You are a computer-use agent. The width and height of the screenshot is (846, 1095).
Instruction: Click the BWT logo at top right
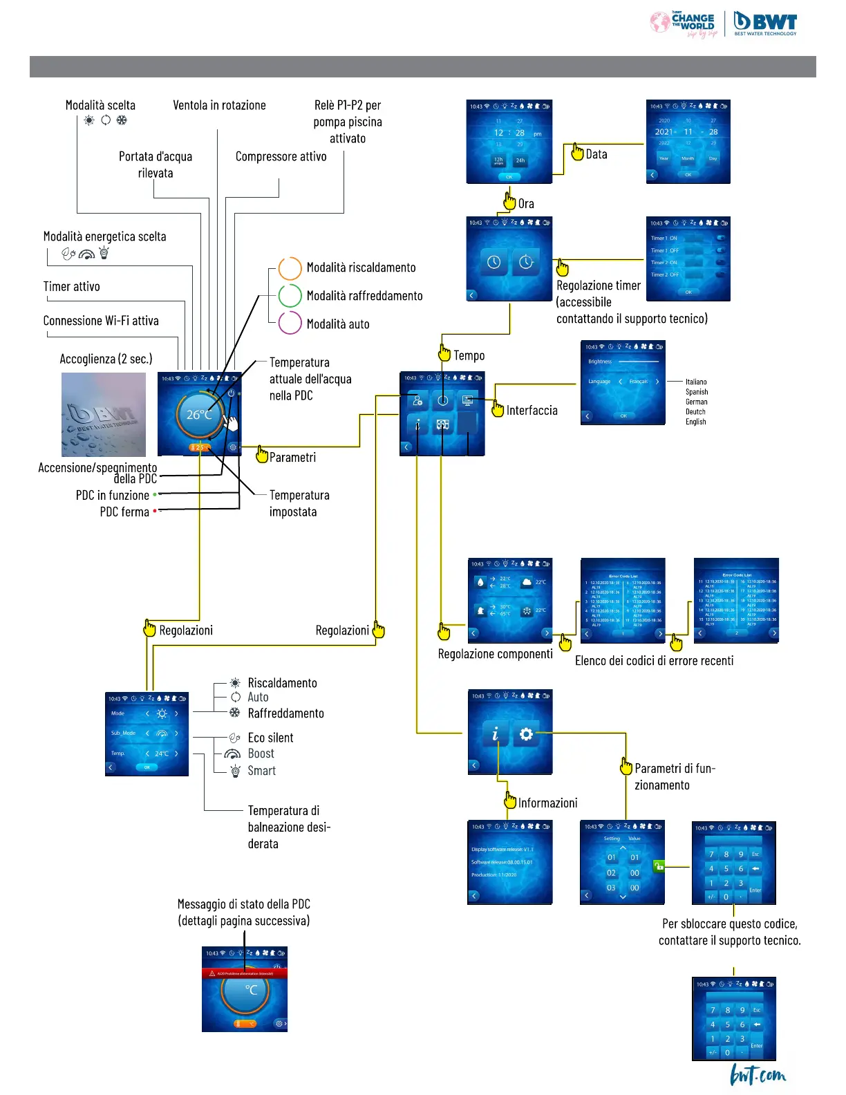point(765,23)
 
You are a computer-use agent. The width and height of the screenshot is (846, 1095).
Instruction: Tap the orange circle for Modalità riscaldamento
point(290,268)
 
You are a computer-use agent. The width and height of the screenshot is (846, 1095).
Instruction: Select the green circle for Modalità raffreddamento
point(290,296)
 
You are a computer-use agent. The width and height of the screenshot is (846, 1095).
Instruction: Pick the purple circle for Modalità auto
point(290,323)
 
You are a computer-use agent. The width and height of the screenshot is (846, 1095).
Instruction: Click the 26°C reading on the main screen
point(199,415)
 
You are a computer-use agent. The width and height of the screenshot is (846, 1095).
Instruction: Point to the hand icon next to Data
point(577,152)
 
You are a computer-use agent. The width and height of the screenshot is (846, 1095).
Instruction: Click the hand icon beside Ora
point(509,201)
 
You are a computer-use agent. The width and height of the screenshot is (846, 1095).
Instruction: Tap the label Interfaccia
point(532,411)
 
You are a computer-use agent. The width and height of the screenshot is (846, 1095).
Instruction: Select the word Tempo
point(469,355)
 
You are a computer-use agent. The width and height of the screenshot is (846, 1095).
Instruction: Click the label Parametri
point(292,458)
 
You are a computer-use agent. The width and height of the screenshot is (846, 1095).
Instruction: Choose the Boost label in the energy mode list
point(261,754)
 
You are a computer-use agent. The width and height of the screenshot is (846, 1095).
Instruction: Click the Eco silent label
point(270,738)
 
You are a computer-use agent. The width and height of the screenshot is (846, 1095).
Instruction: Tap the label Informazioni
point(547,803)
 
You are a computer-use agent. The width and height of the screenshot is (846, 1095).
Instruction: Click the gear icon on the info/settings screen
point(526,734)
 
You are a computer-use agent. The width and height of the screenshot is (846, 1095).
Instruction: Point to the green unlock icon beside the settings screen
point(659,865)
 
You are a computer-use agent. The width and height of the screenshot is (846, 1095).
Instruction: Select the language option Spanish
point(696,392)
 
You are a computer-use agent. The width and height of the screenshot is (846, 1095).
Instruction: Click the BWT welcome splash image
point(104,414)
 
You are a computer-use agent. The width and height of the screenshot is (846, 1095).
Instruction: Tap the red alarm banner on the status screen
point(244,973)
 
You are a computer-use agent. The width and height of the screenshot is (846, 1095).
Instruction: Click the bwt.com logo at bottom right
point(758,1075)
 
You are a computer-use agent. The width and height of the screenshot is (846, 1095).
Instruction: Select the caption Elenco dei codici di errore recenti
point(654,661)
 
